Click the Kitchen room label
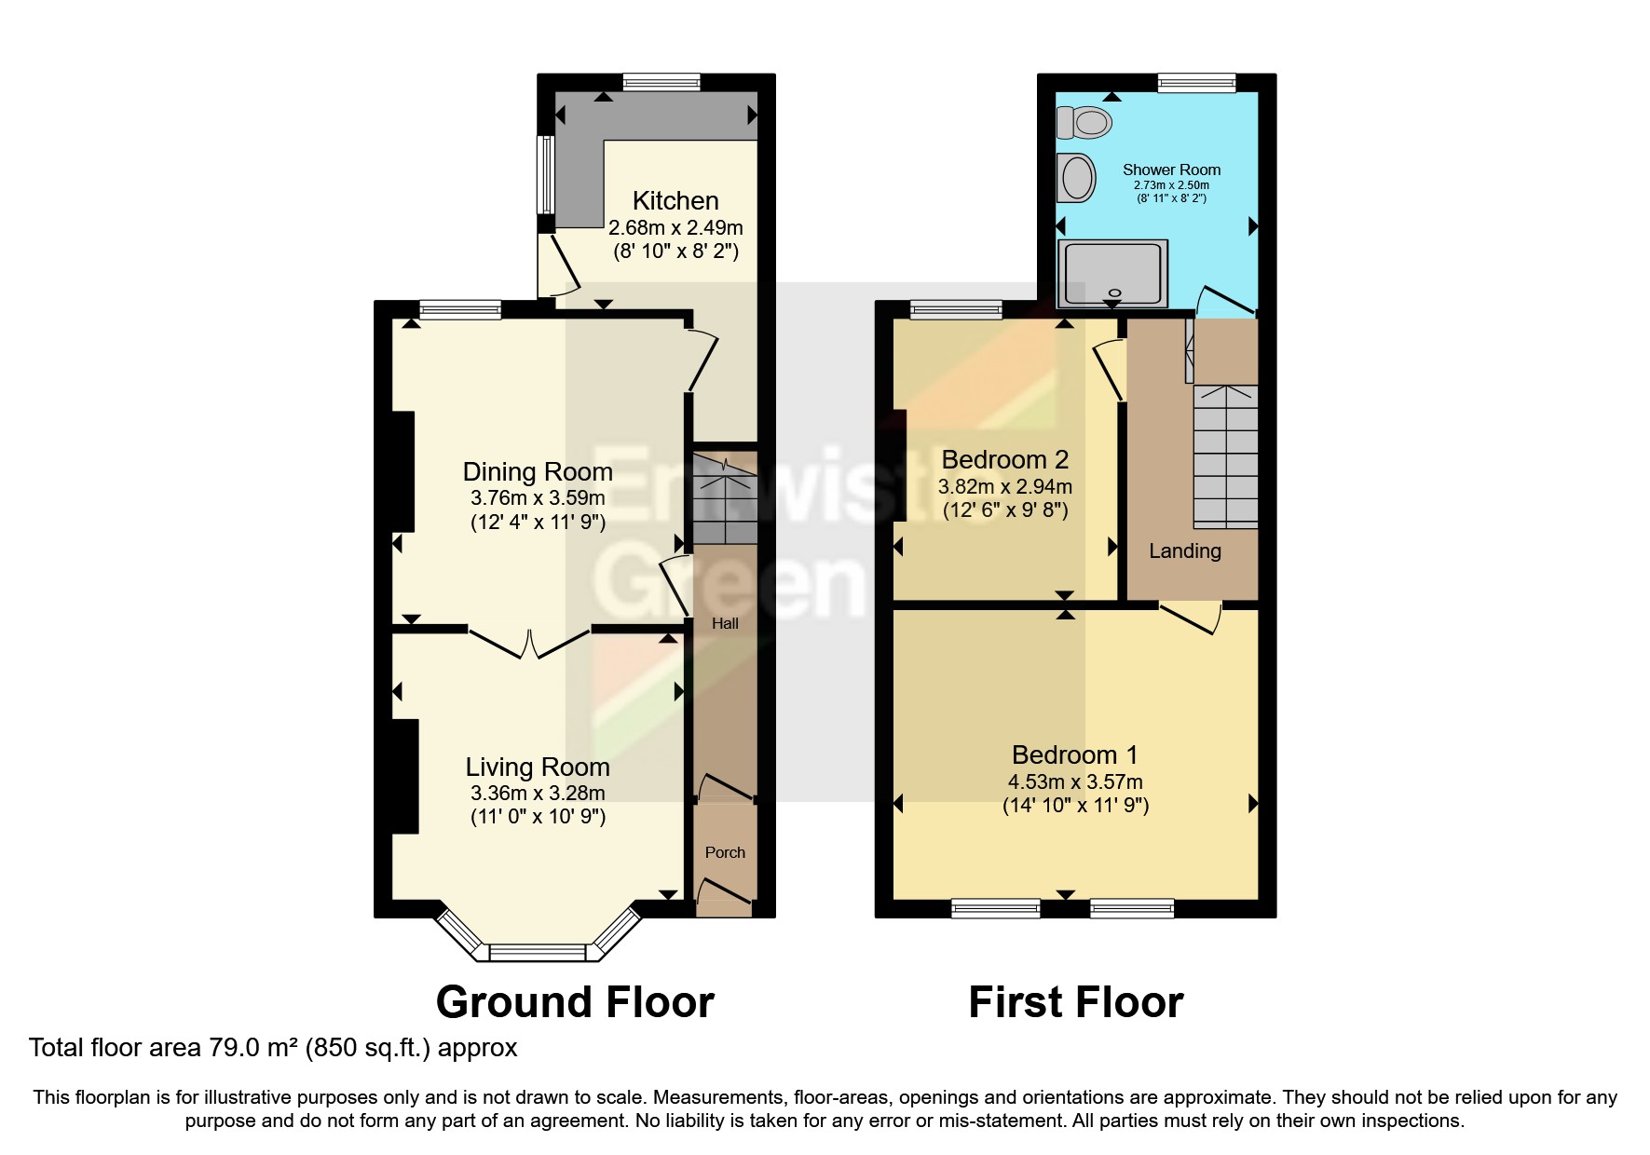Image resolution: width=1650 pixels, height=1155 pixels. pyautogui.click(x=675, y=201)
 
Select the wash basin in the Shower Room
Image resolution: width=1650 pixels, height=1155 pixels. pyautogui.click(x=1077, y=177)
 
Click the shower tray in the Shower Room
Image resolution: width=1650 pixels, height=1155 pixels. pyautogui.click(x=1112, y=273)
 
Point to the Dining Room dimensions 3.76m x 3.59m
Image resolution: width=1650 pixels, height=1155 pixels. pyautogui.click(x=538, y=498)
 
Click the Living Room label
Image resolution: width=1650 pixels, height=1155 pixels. pyautogui.click(x=538, y=768)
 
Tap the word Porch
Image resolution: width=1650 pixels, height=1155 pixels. pyautogui.click(x=725, y=852)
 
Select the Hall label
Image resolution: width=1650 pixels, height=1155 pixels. pyautogui.click(x=725, y=624)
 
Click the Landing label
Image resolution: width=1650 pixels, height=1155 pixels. pyautogui.click(x=1184, y=551)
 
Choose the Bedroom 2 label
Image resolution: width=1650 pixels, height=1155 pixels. pyautogui.click(x=1004, y=460)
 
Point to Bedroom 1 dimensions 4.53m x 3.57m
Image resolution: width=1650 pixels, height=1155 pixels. pyautogui.click(x=1075, y=782)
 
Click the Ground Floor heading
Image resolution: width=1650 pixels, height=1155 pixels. pyautogui.click(x=575, y=1003)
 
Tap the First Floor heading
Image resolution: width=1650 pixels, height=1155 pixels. pyautogui.click(x=1075, y=1003)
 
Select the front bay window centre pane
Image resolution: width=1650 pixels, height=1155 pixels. pyautogui.click(x=538, y=952)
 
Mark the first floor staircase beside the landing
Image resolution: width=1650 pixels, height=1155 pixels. pyautogui.click(x=1226, y=456)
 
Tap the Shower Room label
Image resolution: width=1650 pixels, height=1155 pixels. pyautogui.click(x=1171, y=170)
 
